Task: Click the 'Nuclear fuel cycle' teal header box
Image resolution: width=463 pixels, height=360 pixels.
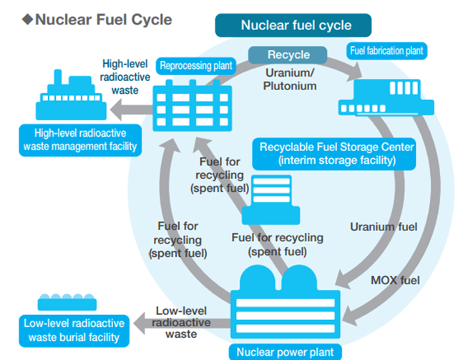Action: pos(296,26)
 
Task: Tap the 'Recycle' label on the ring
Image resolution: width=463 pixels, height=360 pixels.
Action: pos(288,55)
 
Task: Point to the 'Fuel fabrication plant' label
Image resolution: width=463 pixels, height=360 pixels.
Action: pos(386,52)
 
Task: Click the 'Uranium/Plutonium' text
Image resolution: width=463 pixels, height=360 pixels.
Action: pos(291,79)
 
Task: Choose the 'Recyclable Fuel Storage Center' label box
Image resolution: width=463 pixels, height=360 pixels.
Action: pos(337,154)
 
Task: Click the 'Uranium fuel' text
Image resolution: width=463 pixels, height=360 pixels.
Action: pos(384,227)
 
